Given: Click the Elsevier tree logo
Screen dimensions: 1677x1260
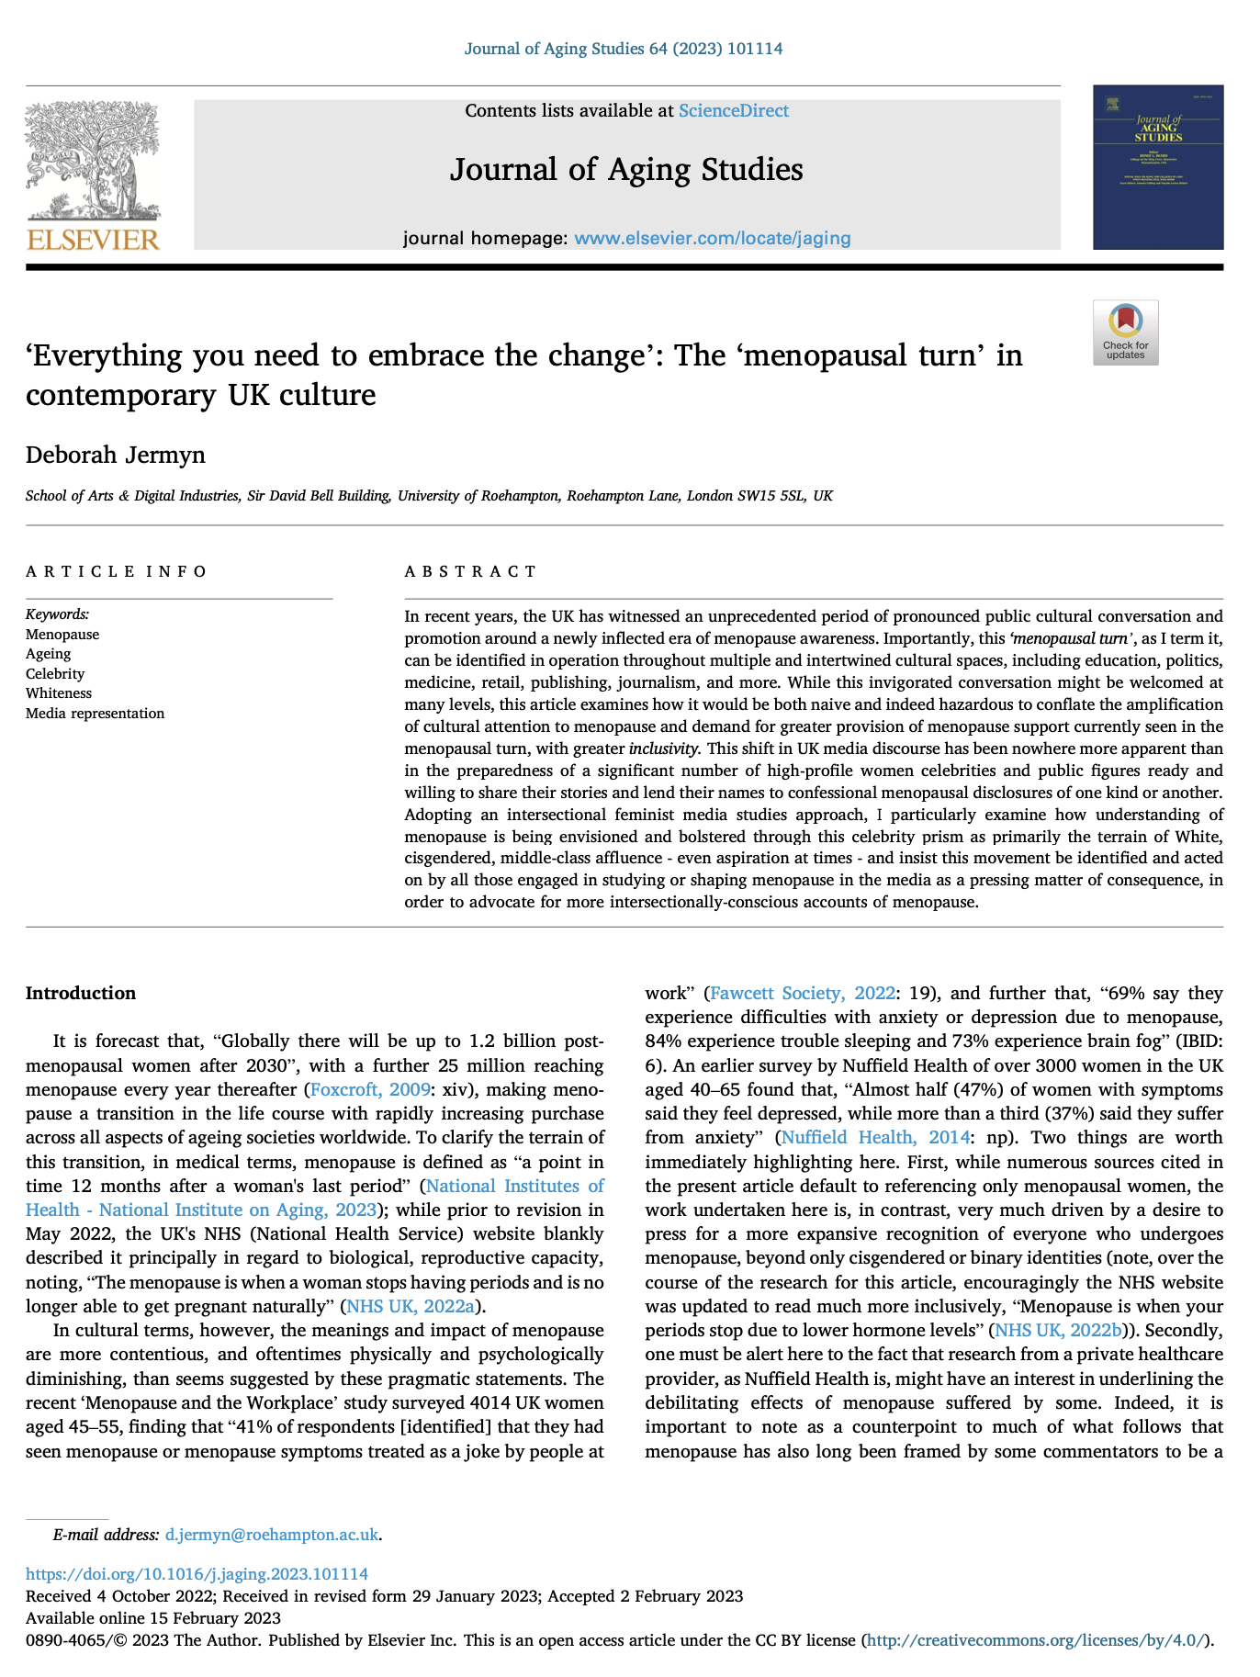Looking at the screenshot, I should [x=93, y=174].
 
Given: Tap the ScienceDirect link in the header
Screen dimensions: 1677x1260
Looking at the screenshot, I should [x=733, y=111].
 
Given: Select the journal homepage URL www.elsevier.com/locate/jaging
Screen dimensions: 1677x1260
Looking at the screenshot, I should [x=712, y=239].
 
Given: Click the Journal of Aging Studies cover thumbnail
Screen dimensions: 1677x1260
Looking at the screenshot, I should [x=1157, y=167].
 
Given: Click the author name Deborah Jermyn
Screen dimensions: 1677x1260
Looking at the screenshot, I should [x=116, y=456].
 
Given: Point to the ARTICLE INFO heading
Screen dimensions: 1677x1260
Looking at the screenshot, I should [x=117, y=572].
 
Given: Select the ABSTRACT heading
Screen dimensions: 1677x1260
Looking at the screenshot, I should [x=470, y=572].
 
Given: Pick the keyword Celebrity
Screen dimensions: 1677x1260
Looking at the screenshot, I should [x=55, y=674].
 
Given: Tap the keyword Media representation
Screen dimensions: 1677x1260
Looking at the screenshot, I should [x=96, y=714].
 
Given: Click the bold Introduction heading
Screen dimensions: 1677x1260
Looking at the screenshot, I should [x=81, y=993].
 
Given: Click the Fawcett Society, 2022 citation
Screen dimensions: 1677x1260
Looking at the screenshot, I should [x=803, y=993].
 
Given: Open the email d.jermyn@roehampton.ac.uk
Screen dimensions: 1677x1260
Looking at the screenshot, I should [x=272, y=1535].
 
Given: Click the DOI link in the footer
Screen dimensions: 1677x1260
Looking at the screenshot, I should [x=197, y=1574].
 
